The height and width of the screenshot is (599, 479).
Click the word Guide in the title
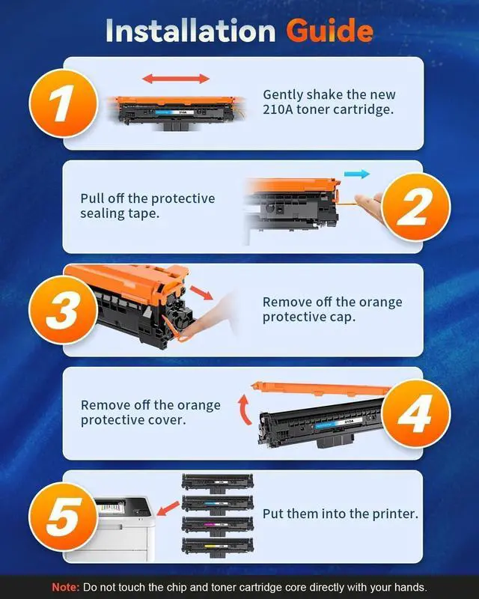[329, 31]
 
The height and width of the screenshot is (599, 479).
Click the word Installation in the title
[190, 31]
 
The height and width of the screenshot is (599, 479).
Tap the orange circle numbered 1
[64, 103]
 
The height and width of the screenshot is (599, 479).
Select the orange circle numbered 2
[416, 207]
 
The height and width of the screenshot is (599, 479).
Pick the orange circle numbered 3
[64, 310]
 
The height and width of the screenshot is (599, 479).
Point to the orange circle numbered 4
[416, 413]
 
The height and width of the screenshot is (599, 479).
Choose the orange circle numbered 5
[64, 517]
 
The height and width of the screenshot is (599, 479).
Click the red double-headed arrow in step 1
[176, 79]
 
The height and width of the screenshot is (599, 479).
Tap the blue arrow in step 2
[357, 174]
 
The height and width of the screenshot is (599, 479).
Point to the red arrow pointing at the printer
[168, 508]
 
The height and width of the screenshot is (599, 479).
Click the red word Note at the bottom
[66, 587]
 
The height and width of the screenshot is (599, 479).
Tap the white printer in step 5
[111, 529]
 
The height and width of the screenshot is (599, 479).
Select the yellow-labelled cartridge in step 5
[218, 547]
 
